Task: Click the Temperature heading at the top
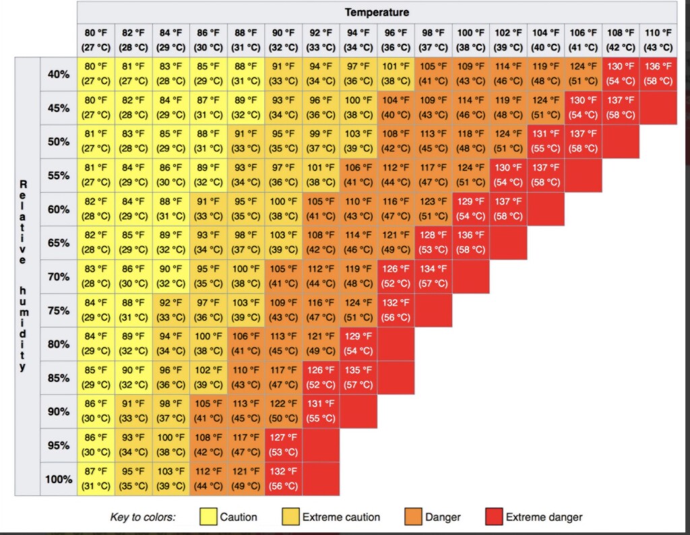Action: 377,12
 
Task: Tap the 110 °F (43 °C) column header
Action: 658,40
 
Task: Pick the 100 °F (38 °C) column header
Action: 471,40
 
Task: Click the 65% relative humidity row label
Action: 59,243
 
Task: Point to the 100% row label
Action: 59,479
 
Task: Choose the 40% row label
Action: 59,74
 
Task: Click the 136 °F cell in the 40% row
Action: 658,74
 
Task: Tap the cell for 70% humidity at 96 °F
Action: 396,276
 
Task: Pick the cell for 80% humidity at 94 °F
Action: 358,344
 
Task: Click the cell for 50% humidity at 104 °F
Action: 546,141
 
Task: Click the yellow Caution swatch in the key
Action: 209,517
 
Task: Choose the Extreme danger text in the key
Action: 544,517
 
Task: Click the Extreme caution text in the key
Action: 341,517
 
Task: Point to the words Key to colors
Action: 143,517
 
